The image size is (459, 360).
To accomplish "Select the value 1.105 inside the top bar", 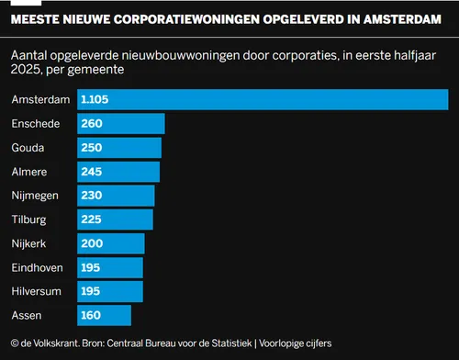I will click(x=96, y=99).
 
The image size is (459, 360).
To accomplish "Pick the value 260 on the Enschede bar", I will click(x=92, y=124).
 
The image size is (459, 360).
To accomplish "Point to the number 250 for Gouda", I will click(x=92, y=148).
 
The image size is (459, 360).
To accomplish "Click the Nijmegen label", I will click(x=35, y=197).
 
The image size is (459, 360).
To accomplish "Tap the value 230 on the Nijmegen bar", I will click(x=92, y=197).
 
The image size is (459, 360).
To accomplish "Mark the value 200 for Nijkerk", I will click(x=92, y=244).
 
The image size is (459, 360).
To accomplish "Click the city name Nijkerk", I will click(x=30, y=244).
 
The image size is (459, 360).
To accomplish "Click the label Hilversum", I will click(x=36, y=292).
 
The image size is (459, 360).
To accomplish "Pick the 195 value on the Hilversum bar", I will click(x=92, y=292).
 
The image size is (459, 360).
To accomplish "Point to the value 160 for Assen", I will click(x=92, y=316).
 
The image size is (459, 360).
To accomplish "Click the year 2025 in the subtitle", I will click(x=29, y=70).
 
